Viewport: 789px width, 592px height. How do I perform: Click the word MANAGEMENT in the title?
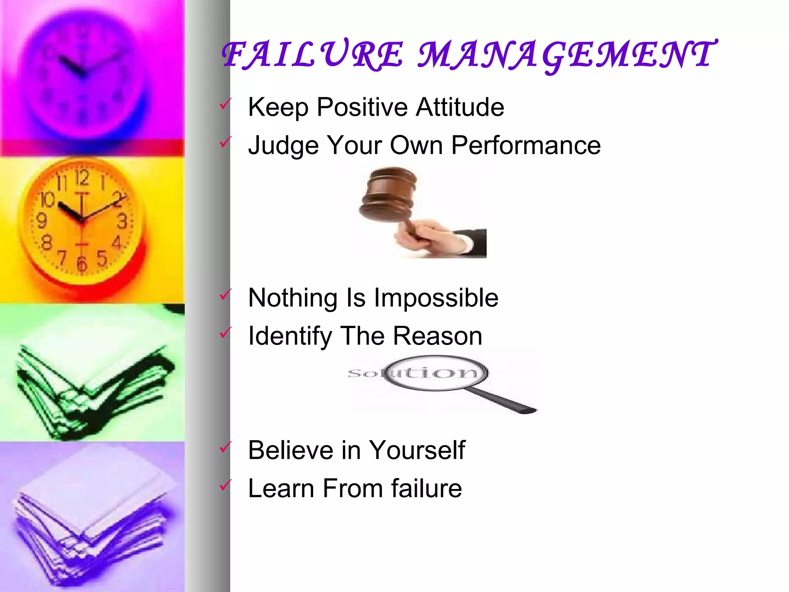(566, 55)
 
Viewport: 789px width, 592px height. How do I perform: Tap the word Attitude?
(460, 107)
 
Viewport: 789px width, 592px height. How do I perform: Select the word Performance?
(526, 145)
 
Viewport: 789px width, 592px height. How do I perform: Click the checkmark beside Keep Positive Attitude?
(225, 104)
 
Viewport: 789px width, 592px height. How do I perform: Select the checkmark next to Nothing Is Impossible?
(225, 295)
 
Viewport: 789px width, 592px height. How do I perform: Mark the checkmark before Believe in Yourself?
(225, 447)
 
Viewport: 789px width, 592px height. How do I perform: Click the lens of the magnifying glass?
(435, 372)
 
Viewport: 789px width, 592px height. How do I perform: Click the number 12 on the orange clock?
(82, 178)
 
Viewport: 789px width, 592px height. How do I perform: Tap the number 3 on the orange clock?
(122, 222)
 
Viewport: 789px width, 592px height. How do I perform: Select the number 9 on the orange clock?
(42, 221)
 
